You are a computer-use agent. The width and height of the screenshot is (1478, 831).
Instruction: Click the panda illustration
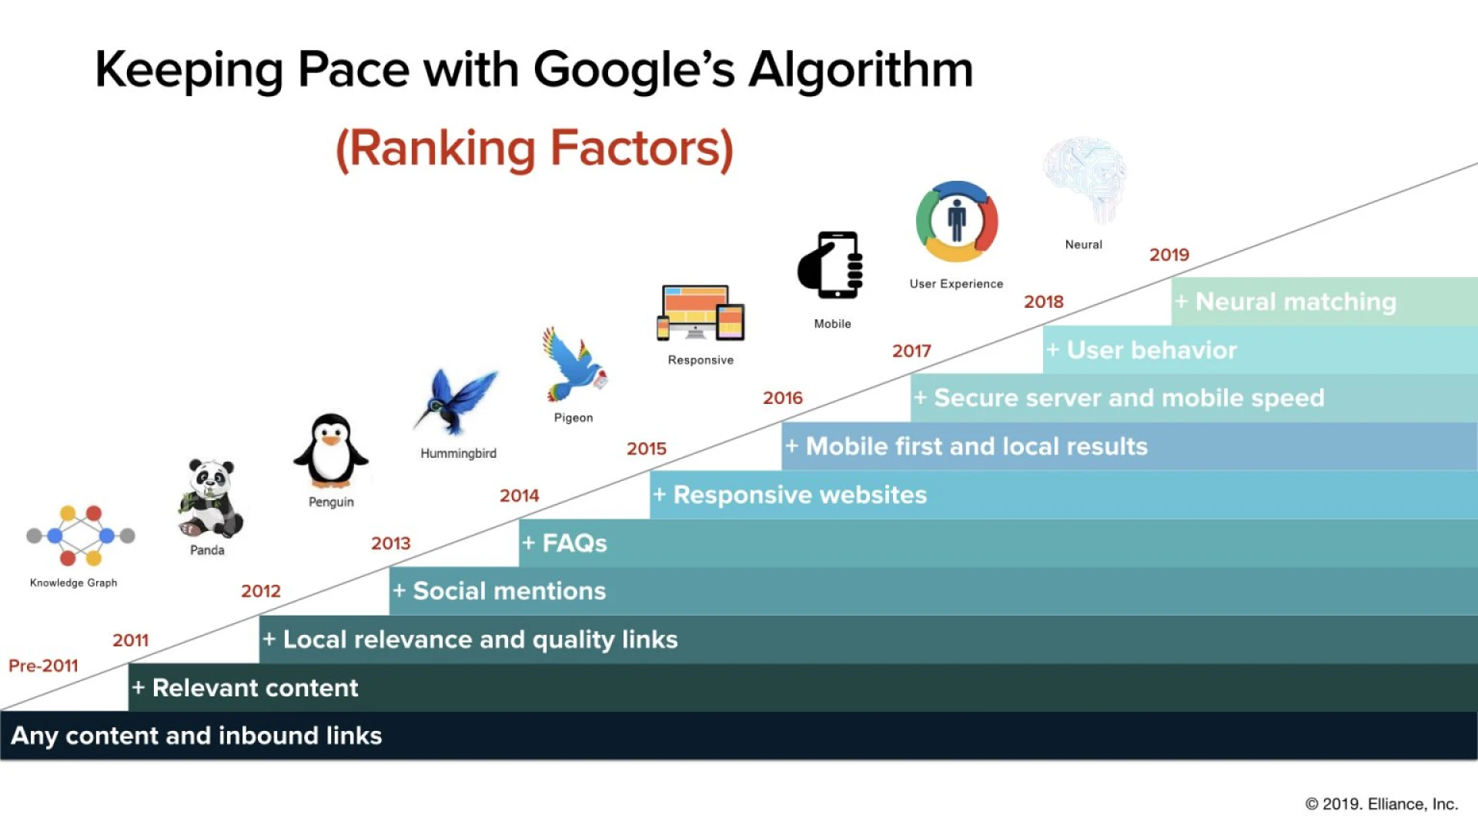coord(210,498)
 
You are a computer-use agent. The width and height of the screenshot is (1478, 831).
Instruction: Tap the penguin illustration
coord(331,451)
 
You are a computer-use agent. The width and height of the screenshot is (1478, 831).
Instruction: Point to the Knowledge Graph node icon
coord(80,536)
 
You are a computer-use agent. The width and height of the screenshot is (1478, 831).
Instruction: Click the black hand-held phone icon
coord(831,265)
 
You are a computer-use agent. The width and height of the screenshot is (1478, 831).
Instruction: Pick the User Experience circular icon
coord(957,222)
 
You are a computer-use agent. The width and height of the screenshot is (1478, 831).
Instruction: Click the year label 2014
coord(519,496)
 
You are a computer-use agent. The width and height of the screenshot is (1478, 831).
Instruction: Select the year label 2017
coord(911,352)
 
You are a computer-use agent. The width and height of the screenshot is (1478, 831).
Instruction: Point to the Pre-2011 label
coord(43,666)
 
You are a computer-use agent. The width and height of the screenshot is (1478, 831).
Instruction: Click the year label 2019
coord(1169,255)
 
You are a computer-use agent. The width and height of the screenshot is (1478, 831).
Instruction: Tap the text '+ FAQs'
coord(564,543)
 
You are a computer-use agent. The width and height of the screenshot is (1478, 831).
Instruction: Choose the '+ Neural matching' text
coord(1285,302)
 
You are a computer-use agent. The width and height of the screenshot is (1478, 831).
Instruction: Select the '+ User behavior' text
coord(1141,350)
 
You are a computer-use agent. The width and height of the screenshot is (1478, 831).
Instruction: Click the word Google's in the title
coord(634,71)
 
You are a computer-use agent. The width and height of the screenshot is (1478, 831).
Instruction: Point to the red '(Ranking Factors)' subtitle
coord(534,149)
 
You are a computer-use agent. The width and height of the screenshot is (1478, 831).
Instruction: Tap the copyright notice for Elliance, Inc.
coord(1381,804)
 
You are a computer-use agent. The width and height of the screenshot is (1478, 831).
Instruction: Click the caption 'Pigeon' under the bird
coord(573,418)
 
